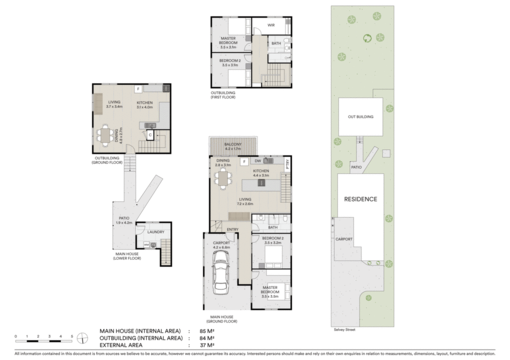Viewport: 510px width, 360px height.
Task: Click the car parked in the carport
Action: [x=221, y=272]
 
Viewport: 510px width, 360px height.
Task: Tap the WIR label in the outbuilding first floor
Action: [x=271, y=25]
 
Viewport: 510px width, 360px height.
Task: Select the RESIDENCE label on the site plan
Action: [x=361, y=199]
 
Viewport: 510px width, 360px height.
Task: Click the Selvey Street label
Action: [x=345, y=330]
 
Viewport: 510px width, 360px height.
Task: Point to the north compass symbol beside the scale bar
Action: [x=82, y=338]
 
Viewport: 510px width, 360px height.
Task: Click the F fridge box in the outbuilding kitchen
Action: [x=138, y=89]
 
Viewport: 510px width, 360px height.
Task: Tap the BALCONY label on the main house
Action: [x=233, y=144]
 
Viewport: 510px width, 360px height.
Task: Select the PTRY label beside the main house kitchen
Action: [x=287, y=164]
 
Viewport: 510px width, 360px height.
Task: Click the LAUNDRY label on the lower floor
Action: [x=156, y=232]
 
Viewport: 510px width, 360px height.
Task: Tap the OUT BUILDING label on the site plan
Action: [x=361, y=117]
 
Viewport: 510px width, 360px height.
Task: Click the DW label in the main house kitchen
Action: [x=257, y=161]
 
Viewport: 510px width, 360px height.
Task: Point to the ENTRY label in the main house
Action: [x=233, y=230]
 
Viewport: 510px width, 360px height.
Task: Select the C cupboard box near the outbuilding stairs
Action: [x=150, y=134]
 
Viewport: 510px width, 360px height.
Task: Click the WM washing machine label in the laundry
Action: [x=146, y=244]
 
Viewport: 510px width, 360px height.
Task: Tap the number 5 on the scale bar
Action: [x=72, y=336]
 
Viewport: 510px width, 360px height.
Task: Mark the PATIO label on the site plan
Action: [x=356, y=167]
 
